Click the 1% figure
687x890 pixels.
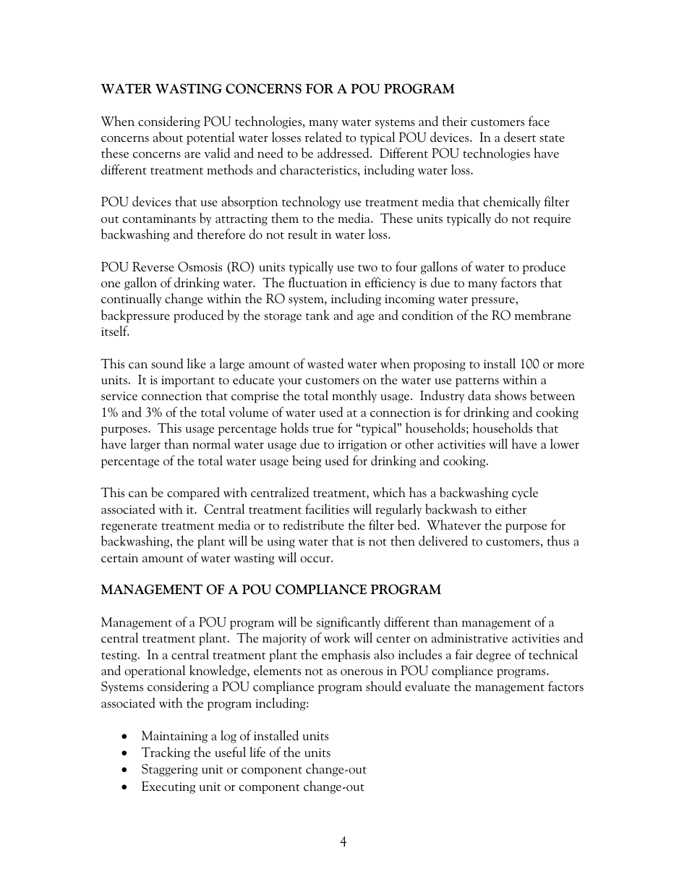(x=109, y=412)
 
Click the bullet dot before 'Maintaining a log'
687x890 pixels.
(x=126, y=737)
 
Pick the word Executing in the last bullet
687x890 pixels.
(x=168, y=787)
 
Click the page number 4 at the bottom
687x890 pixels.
(x=343, y=842)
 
